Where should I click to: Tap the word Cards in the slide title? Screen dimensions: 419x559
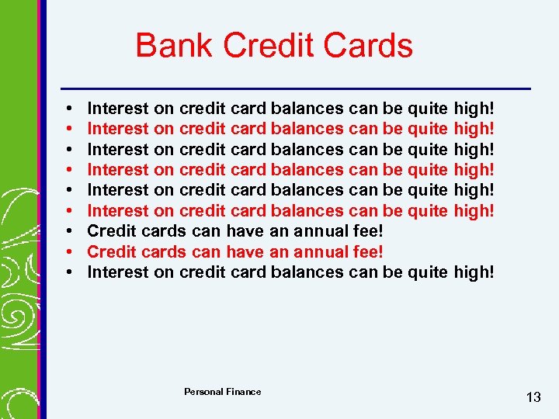(370, 46)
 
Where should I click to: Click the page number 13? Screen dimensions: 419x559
(533, 397)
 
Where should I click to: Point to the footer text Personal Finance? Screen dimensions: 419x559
(222, 392)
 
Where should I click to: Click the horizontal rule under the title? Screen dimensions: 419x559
(295, 87)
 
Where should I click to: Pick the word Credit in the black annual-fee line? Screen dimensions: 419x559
(110, 231)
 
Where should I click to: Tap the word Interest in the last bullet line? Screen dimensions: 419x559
(116, 272)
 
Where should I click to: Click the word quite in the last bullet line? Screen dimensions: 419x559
(427, 272)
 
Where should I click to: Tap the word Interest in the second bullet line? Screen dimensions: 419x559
(116, 128)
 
